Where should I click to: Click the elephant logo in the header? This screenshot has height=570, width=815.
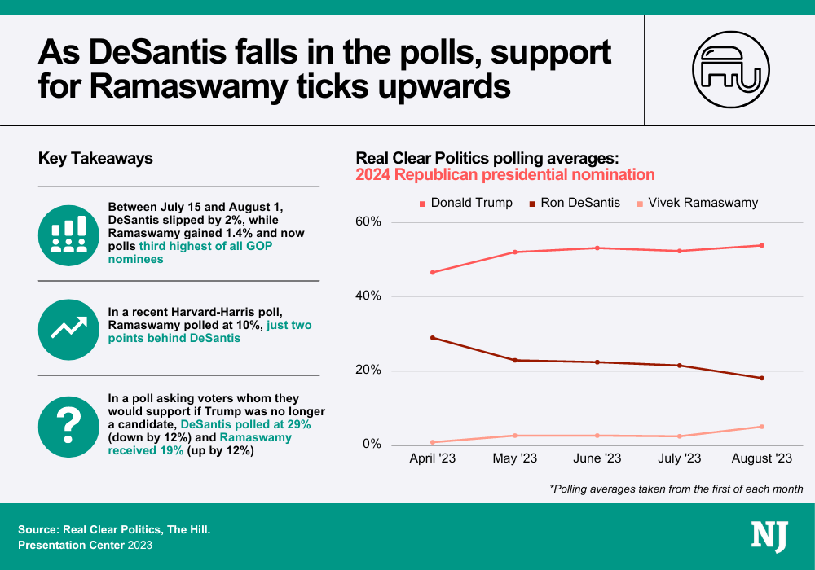pyautogui.click(x=729, y=69)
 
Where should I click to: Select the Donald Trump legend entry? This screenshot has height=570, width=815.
pyautogui.click(x=465, y=203)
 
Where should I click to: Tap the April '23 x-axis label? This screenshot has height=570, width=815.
pyautogui.click(x=432, y=459)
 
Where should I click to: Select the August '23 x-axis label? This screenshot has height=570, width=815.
pyautogui.click(x=762, y=459)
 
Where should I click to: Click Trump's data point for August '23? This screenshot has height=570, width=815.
pyautogui.click(x=762, y=245)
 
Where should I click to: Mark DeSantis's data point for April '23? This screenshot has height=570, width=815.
pyautogui.click(x=432, y=337)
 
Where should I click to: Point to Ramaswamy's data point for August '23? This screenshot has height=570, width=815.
pyautogui.click(x=762, y=426)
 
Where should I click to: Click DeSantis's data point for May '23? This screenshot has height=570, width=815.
pyautogui.click(x=515, y=360)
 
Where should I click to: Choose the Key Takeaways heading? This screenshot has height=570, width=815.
pyautogui.click(x=95, y=159)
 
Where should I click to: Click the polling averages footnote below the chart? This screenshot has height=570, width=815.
pyautogui.click(x=676, y=489)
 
